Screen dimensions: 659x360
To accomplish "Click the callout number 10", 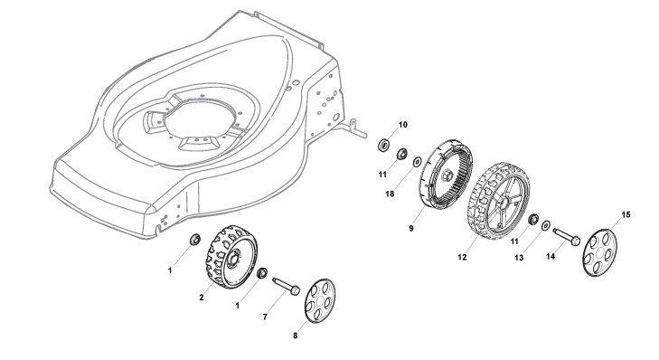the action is (403, 125).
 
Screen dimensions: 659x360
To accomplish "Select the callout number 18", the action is (390, 194).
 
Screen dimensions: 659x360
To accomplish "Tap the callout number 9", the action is (411, 228).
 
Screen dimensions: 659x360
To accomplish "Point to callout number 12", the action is (462, 257).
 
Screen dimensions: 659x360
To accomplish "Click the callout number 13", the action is (519, 258).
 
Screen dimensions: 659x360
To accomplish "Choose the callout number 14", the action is (551, 256).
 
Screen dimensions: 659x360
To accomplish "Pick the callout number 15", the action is (626, 215).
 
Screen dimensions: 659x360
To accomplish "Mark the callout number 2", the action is (202, 298).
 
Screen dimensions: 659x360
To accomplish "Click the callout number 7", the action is (265, 317).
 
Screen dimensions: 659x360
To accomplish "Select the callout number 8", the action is (295, 336).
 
